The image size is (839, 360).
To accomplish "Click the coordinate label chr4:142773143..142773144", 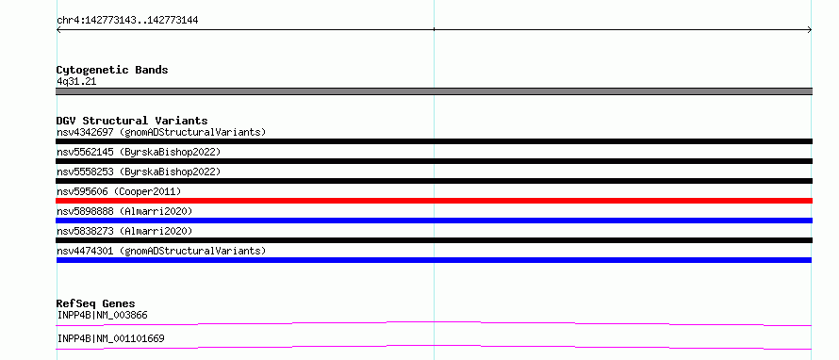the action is click(127, 21).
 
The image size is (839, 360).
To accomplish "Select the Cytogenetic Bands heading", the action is click(112, 70).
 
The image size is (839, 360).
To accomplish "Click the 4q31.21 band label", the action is click(76, 82).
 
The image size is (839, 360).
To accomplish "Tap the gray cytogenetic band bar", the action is click(434, 91).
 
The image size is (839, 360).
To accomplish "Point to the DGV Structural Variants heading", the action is click(132, 121).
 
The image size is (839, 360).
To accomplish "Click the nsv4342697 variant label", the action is click(161, 132).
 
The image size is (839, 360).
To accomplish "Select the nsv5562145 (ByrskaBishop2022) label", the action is click(139, 152).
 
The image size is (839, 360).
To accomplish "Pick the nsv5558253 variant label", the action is click(139, 172).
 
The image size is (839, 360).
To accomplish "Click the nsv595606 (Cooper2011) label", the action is click(119, 191).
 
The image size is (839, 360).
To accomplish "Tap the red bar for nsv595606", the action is click(434, 201).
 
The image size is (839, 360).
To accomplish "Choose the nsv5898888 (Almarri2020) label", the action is click(124, 211).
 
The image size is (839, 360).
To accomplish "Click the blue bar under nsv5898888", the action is click(434, 221).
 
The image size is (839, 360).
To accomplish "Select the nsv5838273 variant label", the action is click(124, 231).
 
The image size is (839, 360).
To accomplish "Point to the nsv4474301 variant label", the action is click(161, 251).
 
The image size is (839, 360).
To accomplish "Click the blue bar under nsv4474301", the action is click(434, 260).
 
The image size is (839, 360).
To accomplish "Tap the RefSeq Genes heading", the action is click(96, 303).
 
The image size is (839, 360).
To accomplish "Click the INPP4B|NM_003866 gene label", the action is click(102, 316).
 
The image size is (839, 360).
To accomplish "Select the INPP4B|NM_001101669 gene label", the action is click(110, 339).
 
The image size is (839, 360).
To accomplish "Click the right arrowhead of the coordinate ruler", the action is click(811, 30).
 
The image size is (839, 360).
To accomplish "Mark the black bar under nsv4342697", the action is click(434, 141).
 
